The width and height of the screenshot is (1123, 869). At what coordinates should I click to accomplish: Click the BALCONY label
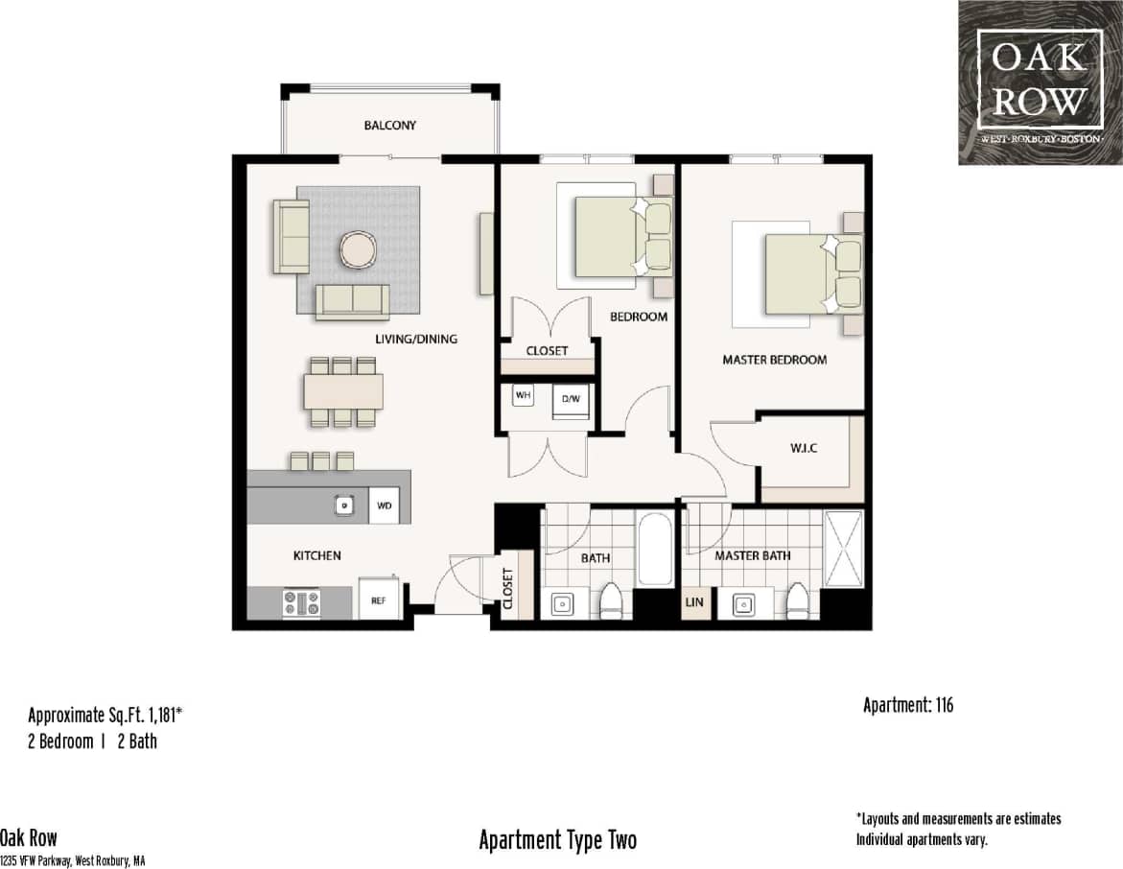click(x=389, y=126)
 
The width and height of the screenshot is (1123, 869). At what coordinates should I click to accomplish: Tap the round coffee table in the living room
click(x=356, y=250)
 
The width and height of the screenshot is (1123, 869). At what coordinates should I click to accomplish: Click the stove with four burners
click(x=302, y=602)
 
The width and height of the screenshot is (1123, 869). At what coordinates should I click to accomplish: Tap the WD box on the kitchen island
click(x=384, y=505)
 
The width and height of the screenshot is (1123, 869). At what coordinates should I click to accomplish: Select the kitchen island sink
click(x=341, y=505)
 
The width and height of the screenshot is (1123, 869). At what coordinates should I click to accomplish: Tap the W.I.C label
click(x=804, y=448)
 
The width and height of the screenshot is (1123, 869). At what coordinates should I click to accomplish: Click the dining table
click(x=343, y=391)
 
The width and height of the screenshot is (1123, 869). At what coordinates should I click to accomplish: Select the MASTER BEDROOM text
click(x=774, y=360)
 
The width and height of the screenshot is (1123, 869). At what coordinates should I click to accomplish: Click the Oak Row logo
click(x=1040, y=82)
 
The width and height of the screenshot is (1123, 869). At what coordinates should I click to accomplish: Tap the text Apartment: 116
click(x=907, y=706)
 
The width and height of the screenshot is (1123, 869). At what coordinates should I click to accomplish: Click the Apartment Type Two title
click(x=557, y=840)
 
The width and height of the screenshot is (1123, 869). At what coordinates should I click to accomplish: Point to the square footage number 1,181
click(x=159, y=716)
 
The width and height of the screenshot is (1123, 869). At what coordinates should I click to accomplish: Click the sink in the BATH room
click(x=563, y=604)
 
